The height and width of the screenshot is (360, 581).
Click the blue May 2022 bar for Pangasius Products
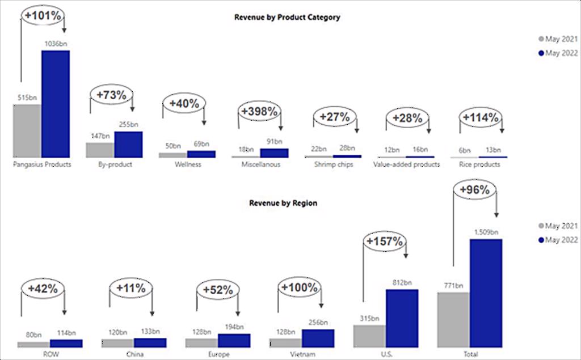click(56, 104)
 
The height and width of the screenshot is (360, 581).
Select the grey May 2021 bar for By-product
click(100, 150)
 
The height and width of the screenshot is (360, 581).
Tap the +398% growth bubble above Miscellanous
click(259, 112)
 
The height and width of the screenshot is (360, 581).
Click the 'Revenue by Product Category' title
click(287, 18)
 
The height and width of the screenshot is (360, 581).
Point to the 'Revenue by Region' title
click(283, 202)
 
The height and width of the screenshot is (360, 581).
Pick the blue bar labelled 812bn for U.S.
click(402, 318)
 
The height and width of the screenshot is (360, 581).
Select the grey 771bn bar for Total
click(453, 319)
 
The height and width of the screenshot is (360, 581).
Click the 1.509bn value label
click(486, 232)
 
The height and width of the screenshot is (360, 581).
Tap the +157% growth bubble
click(385, 242)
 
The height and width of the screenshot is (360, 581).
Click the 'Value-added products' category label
click(406, 165)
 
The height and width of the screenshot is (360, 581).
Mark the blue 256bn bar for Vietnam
click(318, 338)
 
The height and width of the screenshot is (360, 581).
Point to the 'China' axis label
click(134, 355)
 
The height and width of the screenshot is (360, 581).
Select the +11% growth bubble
click(131, 289)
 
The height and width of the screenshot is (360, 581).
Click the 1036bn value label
click(56, 43)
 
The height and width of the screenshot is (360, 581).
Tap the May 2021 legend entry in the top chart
click(558, 39)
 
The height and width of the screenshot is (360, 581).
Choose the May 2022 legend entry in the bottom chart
click(558, 240)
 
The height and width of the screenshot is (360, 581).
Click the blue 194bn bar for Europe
click(234, 340)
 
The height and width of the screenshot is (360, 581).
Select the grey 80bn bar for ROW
click(33, 344)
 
